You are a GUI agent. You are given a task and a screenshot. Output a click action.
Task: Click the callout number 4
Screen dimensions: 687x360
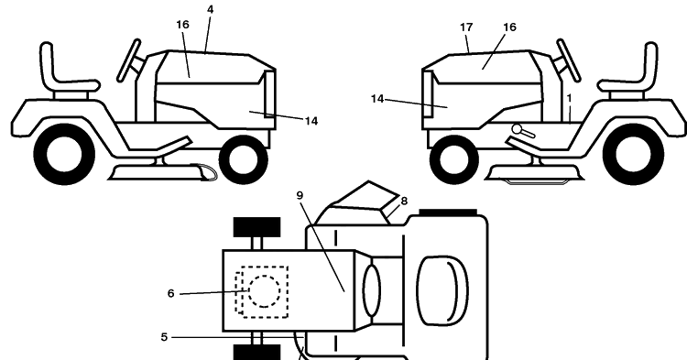pyautogui.click(x=210, y=9)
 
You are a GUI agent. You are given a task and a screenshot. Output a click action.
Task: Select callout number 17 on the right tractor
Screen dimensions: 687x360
pyautogui.click(x=466, y=27)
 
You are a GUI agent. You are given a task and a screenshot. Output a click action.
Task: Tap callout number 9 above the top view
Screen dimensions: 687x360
pyautogui.click(x=300, y=195)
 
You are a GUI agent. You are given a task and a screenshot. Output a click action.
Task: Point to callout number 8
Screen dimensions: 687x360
pyautogui.click(x=404, y=201)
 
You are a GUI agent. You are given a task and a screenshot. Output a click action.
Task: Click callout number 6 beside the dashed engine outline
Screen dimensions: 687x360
pyautogui.click(x=171, y=293)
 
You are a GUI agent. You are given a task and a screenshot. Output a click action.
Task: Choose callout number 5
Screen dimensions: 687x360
pyautogui.click(x=164, y=337)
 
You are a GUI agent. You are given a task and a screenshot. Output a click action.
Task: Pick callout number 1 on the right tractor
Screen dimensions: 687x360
pyautogui.click(x=569, y=99)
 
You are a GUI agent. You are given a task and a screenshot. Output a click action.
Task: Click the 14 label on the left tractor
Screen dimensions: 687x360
pyautogui.click(x=311, y=121)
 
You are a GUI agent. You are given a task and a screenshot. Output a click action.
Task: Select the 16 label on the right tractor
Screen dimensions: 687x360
pyautogui.click(x=509, y=27)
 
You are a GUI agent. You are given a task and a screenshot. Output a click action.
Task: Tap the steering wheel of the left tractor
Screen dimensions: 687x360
pyautogui.click(x=128, y=60)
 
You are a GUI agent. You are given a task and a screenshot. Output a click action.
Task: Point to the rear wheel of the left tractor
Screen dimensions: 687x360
pyautogui.click(x=64, y=154)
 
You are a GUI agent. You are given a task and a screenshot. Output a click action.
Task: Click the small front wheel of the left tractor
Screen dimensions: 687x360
pyautogui.click(x=243, y=159)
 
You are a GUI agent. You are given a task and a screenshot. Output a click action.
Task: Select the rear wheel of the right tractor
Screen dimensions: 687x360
pyautogui.click(x=633, y=154)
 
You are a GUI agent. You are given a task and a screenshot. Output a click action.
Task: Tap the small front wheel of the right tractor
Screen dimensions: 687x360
pyautogui.click(x=454, y=159)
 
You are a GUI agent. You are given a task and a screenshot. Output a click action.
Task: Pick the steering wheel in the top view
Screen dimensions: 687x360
pyautogui.click(x=372, y=290)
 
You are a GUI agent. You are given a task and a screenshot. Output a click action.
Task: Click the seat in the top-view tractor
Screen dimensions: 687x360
pyautogui.click(x=442, y=290)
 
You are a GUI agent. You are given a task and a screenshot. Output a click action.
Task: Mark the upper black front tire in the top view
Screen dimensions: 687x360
pyautogui.click(x=256, y=227)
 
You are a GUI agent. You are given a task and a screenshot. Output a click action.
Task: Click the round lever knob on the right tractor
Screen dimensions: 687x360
pyautogui.click(x=517, y=129)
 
